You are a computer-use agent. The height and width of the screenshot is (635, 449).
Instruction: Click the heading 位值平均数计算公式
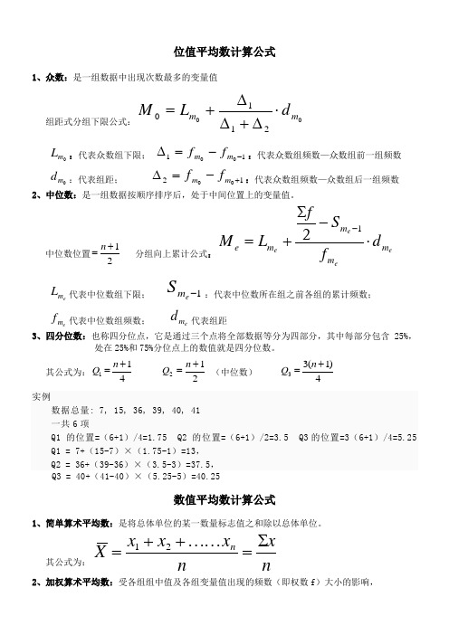[224, 52]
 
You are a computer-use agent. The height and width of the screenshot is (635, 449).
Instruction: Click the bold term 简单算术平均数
[80, 523]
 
